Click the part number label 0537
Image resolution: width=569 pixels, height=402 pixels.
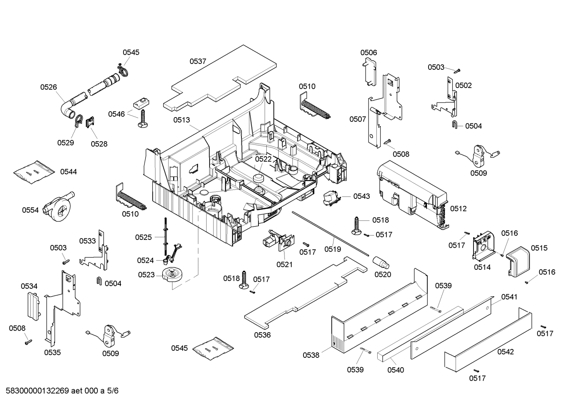198,61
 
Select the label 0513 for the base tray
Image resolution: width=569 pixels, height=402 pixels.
181,120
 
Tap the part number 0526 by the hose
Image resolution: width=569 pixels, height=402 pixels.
49,87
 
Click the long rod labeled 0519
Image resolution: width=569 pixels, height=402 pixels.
329,233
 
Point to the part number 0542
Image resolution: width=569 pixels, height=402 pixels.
505,352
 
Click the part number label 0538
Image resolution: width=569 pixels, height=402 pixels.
311,355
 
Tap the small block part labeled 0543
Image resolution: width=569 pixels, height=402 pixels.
331,197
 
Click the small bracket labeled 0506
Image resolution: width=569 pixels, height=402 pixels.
369,71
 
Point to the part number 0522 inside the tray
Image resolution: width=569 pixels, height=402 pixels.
263,159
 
